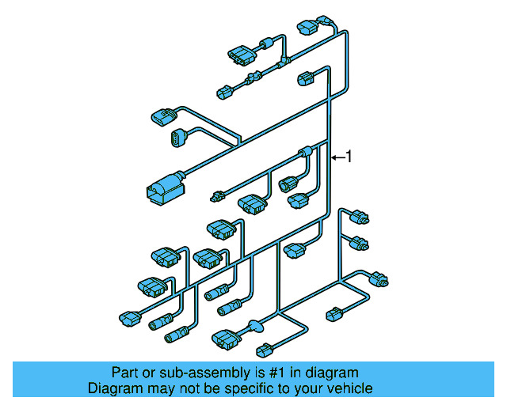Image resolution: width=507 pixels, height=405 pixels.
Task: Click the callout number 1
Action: [348, 157]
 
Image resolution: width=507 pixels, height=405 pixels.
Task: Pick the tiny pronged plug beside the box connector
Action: [216, 196]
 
